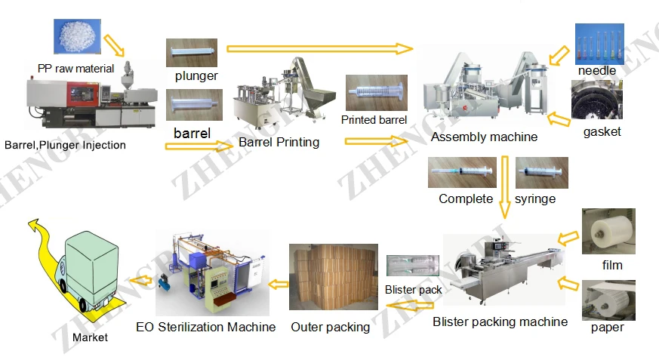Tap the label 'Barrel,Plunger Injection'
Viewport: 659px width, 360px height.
[65, 145]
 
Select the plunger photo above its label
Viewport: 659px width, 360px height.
[192, 53]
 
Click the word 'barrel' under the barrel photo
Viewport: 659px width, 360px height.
[192, 133]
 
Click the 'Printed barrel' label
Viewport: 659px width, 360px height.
[374, 120]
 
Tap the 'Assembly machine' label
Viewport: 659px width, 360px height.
[484, 137]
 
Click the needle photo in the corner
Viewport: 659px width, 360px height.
[599, 44]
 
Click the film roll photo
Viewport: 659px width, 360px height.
[608, 232]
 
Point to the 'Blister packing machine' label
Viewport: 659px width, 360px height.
[500, 322]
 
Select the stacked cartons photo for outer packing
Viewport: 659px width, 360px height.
[333, 277]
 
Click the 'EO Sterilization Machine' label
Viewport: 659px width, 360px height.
[205, 327]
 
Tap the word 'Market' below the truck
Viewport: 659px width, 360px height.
[90, 337]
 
